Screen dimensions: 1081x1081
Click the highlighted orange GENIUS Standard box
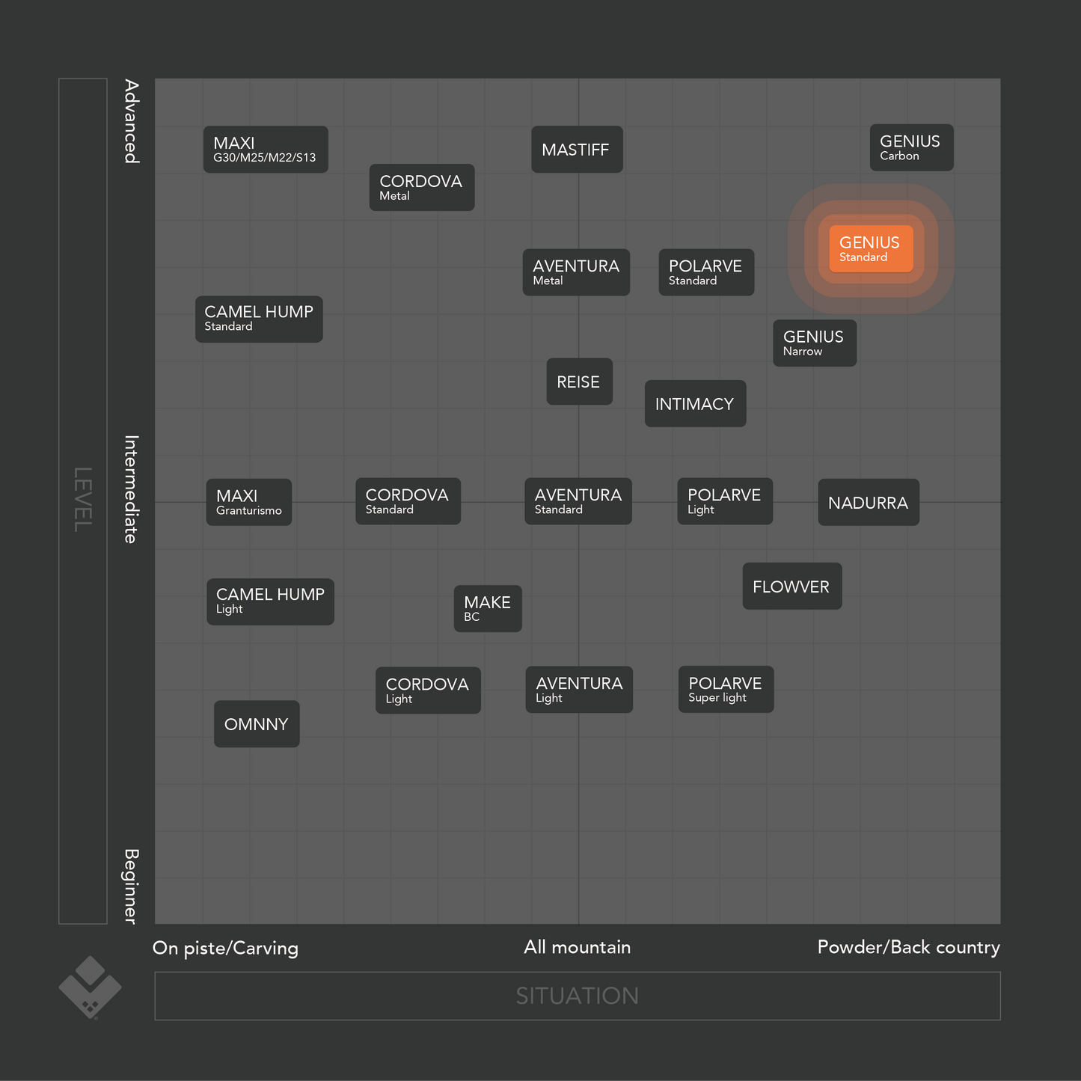pyautogui.click(x=871, y=249)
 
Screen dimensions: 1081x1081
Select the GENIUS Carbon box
pyautogui.click(x=911, y=147)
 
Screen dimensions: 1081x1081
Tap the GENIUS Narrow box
pyautogui.click(x=815, y=343)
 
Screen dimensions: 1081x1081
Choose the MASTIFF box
pyautogui.click(x=577, y=150)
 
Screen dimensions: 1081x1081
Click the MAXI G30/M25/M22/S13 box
pyautogui.click(x=266, y=150)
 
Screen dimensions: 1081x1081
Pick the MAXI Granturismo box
pyautogui.click(x=249, y=502)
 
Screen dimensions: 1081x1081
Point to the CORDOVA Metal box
pyautogui.click(x=422, y=188)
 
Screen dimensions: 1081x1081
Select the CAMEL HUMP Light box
pyautogui.click(x=270, y=601)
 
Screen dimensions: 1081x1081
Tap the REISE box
pyautogui.click(x=579, y=382)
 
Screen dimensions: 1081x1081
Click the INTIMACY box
pyautogui.click(x=695, y=404)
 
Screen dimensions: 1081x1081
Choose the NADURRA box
pyautogui.click(x=869, y=503)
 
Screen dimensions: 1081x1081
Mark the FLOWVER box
pyautogui.click(x=791, y=587)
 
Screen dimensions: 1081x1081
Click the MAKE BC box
pyautogui.click(x=488, y=609)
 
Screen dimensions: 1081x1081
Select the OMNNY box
pyautogui.click(x=257, y=724)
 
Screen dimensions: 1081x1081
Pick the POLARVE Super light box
pyautogui.click(x=726, y=690)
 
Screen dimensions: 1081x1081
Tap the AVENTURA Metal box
pyautogui.click(x=576, y=272)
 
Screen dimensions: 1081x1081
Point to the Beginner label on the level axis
pyautogui.click(x=131, y=886)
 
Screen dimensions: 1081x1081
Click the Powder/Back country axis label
pyautogui.click(x=908, y=947)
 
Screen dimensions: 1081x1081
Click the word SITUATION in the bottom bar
pyautogui.click(x=577, y=996)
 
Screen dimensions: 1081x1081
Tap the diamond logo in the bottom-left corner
pyautogui.click(x=90, y=987)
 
